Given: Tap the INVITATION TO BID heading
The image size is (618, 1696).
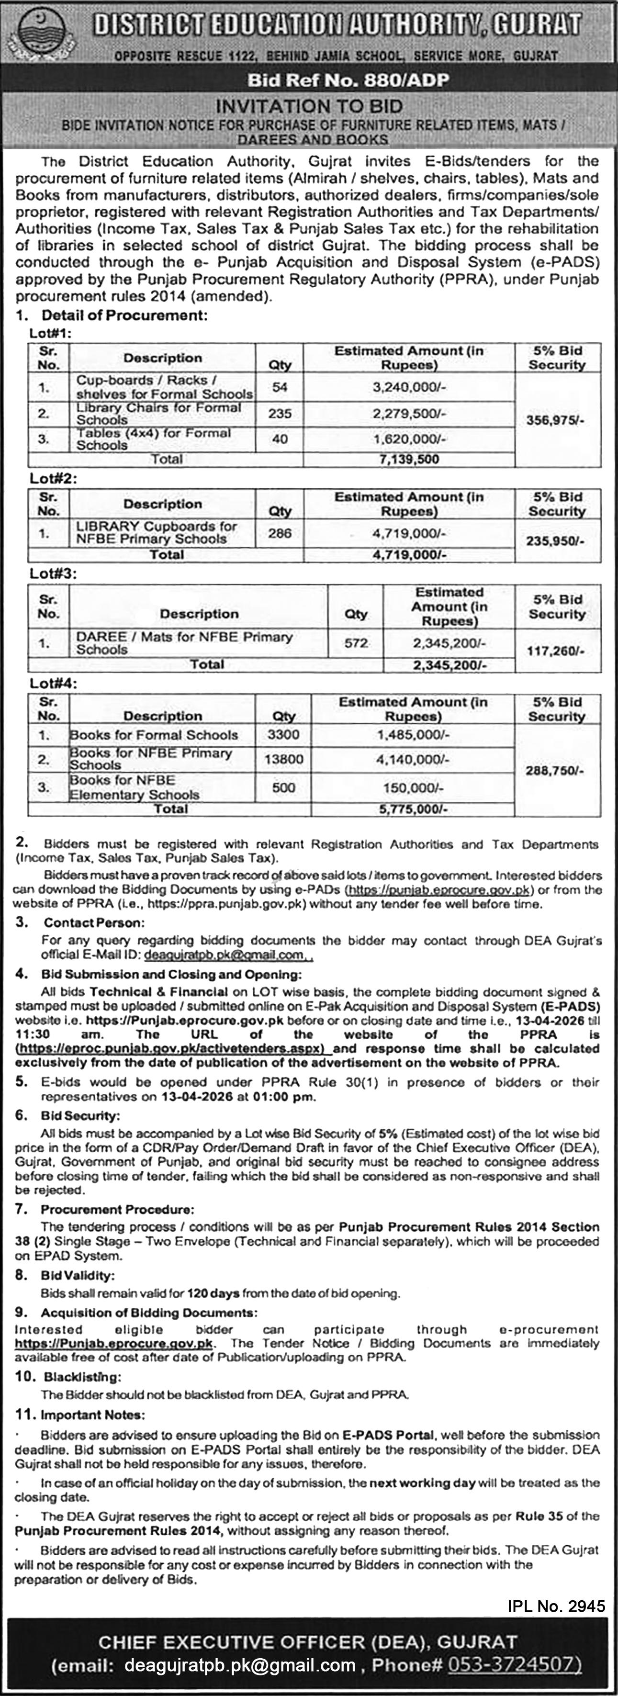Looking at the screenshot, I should point(309,106).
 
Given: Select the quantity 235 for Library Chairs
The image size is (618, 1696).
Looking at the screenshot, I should point(280,414).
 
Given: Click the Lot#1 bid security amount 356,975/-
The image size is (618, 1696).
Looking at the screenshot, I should point(556,419).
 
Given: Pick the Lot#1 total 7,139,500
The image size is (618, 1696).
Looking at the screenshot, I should point(409,460).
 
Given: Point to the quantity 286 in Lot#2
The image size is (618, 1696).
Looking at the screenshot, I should point(280,533).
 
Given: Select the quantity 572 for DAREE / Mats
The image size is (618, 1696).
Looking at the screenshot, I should point(356,642).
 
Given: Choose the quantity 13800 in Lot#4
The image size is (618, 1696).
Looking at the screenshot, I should point(284,759).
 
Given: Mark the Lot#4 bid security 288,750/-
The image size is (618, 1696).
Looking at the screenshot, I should point(554,770).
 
